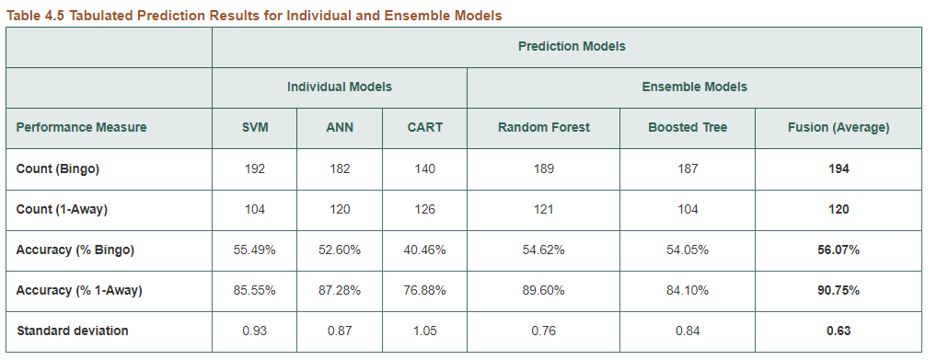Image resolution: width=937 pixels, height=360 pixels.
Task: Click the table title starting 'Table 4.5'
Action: coord(254,16)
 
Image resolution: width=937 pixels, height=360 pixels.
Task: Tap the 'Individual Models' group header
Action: coord(339,87)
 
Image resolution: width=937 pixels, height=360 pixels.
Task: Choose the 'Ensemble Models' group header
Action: coord(694,87)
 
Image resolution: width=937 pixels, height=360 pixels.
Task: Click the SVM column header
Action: coord(255,128)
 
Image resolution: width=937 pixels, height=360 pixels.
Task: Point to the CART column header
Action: coord(424,128)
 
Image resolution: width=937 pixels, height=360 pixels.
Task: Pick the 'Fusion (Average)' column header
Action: coord(838,128)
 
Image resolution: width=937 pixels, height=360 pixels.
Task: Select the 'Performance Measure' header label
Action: coord(81,127)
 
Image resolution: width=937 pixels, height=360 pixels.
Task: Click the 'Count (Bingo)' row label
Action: coord(57,169)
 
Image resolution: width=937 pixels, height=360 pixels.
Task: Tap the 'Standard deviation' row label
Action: coord(72,331)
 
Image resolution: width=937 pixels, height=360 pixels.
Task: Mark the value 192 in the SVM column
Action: coord(255,169)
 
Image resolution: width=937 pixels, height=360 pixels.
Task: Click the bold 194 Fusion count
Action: coord(838,169)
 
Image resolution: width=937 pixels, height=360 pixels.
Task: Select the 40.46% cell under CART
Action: coord(424,250)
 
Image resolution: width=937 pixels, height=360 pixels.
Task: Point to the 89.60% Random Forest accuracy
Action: coord(543,290)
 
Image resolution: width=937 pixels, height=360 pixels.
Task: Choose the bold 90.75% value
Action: coord(838,290)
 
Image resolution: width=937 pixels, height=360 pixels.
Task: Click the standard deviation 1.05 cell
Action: coord(424,331)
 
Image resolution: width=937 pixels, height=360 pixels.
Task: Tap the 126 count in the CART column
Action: coord(424,210)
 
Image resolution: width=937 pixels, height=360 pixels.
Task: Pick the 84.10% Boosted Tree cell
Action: coord(687,290)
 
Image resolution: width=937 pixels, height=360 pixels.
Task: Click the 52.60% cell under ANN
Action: coord(340,250)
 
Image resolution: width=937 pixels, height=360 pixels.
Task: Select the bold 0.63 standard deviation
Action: coord(838,331)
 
